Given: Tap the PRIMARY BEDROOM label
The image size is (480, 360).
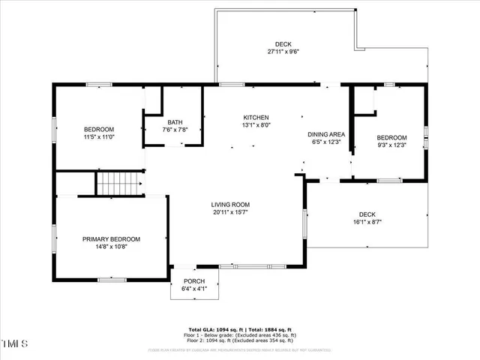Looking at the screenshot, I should pos(111,239).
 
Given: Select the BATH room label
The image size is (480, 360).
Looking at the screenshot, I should pos(175,122).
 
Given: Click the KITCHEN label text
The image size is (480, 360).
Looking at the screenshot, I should pos(256,118).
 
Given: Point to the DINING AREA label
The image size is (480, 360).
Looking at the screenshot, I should pos(326,134).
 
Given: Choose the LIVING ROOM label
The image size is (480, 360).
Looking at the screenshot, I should pos(229,204).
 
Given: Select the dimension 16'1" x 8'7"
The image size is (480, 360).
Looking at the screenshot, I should pos(367,222).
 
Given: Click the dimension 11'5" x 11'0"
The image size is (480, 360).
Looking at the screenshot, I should pos(99,137).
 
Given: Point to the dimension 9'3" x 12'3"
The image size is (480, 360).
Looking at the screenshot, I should pos(391,145).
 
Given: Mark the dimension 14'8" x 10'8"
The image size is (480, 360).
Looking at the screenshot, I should pos(111,247).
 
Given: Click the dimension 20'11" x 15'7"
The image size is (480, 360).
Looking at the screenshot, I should pos(229,212).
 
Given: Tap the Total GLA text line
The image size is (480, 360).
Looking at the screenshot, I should pos(240,330).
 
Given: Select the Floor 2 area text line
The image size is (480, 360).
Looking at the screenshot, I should pos(240,342).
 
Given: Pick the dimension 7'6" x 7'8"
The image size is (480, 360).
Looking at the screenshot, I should pos(175,130).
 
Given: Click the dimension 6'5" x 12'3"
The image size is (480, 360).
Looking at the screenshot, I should pos(326,142).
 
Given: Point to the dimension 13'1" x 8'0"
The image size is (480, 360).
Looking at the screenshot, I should pos(256,126).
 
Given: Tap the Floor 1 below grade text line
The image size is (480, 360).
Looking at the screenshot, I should pos(240,336).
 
